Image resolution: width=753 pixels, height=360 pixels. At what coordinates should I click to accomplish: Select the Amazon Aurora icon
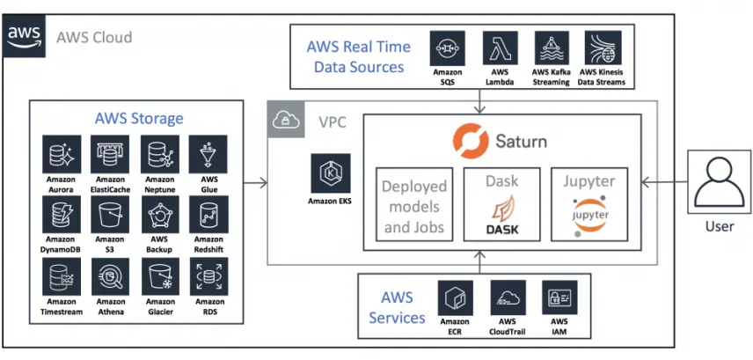(x=62, y=153)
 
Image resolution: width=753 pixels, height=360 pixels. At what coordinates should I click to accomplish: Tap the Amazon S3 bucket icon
(x=110, y=214)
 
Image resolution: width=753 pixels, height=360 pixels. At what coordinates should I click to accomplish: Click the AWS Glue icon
(x=208, y=153)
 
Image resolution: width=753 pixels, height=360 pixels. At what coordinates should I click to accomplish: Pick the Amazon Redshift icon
(x=208, y=214)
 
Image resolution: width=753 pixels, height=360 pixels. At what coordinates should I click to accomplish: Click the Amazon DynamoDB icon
(x=62, y=214)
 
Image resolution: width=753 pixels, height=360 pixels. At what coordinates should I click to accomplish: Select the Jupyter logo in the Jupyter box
(x=589, y=216)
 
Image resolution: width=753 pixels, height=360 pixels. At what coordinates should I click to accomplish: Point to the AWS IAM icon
(x=559, y=298)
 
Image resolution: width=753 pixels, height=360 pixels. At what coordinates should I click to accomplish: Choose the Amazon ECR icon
(x=455, y=298)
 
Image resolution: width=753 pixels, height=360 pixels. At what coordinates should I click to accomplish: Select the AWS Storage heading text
(x=139, y=118)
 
